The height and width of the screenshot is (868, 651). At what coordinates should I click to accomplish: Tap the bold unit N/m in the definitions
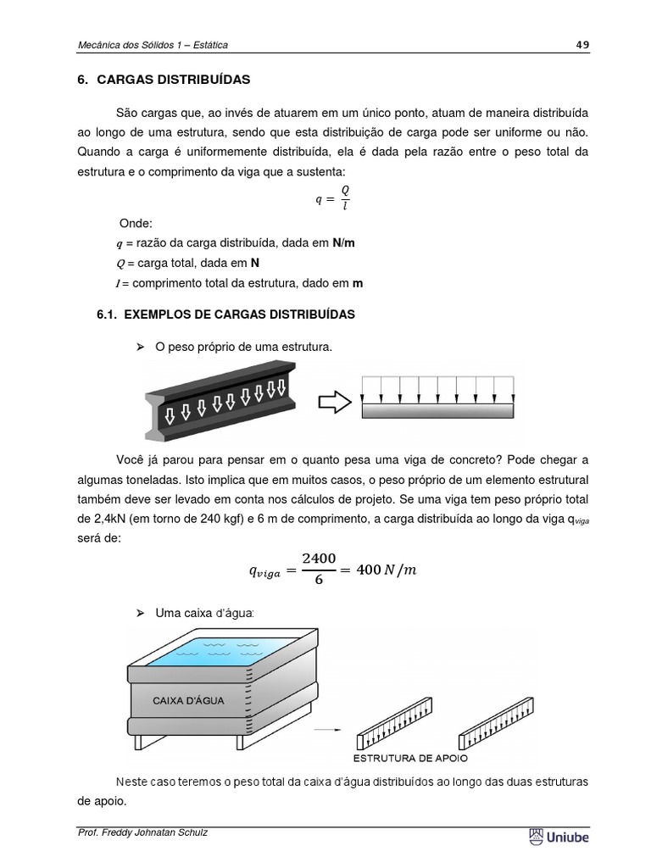click(343, 242)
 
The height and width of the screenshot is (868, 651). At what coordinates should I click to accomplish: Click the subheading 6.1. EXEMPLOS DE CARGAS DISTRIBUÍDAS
click(226, 314)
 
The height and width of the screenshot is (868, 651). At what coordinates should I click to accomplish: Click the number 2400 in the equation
click(319, 559)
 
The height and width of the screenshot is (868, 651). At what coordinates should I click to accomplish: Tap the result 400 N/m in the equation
click(386, 570)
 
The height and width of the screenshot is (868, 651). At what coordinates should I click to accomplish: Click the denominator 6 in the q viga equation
click(319, 582)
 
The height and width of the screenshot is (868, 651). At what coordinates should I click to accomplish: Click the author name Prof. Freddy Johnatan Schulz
click(142, 832)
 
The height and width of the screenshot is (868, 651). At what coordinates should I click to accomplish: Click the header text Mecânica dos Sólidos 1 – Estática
click(152, 45)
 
